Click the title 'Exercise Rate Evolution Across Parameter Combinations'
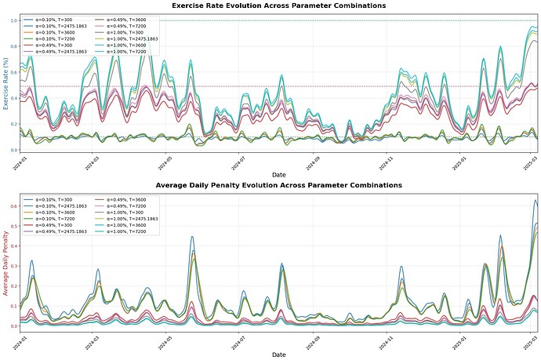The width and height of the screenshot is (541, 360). click(278, 5)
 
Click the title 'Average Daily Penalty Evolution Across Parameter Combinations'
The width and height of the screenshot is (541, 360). click(278, 185)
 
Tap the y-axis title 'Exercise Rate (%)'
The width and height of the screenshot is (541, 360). click(5, 84)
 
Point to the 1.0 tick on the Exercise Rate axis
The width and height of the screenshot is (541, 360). click(13, 20)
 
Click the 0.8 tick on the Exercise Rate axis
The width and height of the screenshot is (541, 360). click(13, 46)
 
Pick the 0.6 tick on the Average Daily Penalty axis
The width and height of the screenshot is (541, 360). click(13, 206)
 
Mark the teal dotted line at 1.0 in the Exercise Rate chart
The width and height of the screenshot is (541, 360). click(314, 20)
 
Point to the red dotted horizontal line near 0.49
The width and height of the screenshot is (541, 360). click(314, 86)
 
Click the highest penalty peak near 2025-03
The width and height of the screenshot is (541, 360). click(536, 201)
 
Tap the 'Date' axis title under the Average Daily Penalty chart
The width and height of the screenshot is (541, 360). click(278, 355)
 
